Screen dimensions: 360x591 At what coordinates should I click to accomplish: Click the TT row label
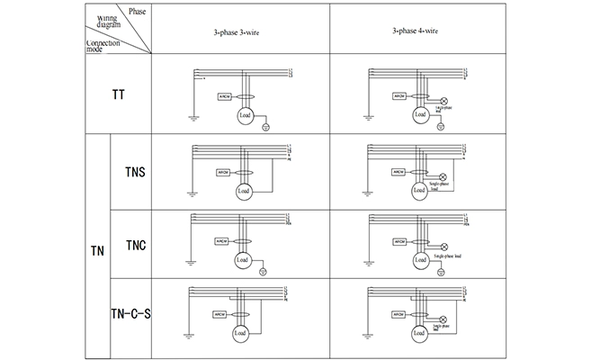pyautogui.click(x=119, y=94)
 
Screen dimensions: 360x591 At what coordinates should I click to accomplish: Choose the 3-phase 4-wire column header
pyautogui.click(x=416, y=31)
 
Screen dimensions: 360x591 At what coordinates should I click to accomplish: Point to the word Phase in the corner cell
pyautogui.click(x=137, y=11)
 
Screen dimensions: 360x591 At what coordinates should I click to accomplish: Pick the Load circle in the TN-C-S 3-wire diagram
pyautogui.click(x=240, y=333)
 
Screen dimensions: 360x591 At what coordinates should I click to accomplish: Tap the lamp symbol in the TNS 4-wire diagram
pyautogui.click(x=442, y=176)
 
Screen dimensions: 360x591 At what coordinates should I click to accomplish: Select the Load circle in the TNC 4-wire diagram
pyautogui.click(x=418, y=262)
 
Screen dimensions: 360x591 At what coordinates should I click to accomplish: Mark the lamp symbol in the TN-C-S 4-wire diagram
pyautogui.click(x=442, y=319)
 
